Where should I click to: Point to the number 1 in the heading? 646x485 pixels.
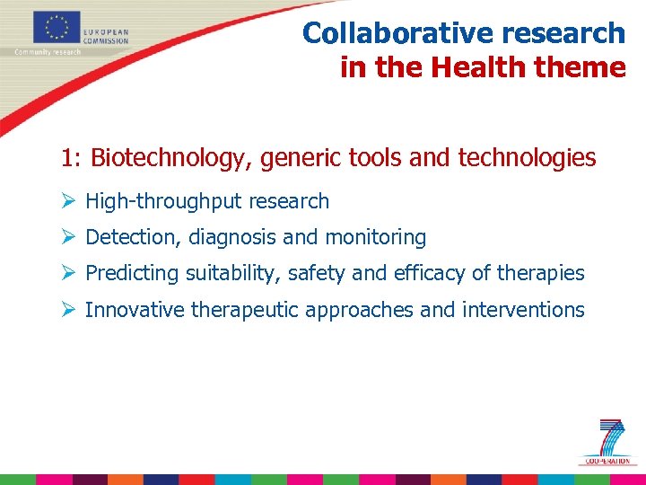(x=67, y=159)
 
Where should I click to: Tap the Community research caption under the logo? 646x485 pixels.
(x=48, y=52)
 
